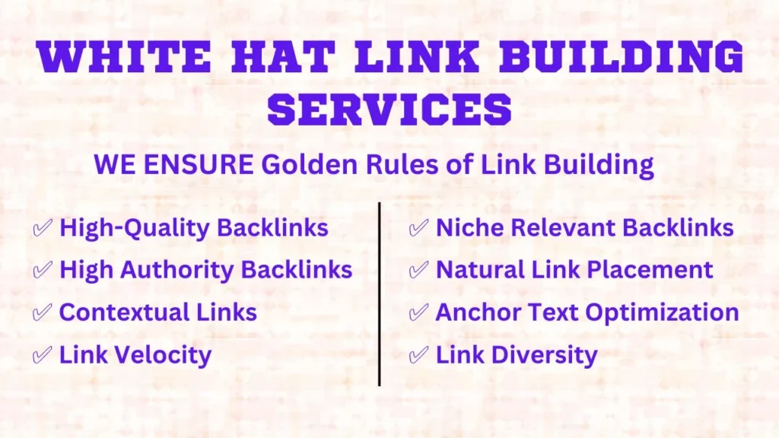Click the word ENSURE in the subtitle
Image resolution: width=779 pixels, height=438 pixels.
pyautogui.click(x=199, y=164)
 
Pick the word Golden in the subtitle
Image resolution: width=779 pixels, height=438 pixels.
pyautogui.click(x=310, y=164)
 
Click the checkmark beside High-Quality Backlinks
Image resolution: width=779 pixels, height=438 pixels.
pyautogui.click(x=43, y=228)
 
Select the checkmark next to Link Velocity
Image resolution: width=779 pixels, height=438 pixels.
pyautogui.click(x=43, y=354)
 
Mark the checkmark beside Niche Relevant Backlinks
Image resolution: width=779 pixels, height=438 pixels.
pyautogui.click(x=418, y=228)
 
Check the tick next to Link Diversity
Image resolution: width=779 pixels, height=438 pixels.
pyautogui.click(x=418, y=354)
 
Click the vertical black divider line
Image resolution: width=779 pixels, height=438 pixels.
pyautogui.click(x=380, y=294)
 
